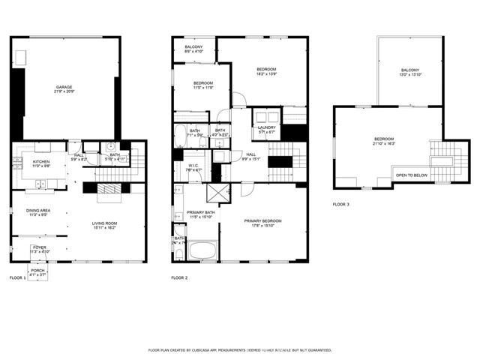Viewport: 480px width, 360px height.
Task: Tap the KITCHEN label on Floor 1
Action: pos(41,163)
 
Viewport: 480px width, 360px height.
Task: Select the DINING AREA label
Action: pos(37,213)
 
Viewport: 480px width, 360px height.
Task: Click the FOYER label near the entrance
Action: pos(39,248)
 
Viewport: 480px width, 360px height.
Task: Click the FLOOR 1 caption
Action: pos(17,277)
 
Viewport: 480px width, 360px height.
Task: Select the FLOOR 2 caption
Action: pos(179,277)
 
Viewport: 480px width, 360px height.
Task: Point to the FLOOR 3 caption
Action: pos(341,204)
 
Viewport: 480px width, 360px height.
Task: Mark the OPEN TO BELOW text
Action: pos(412,175)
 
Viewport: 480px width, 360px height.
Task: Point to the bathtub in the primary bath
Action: pos(202,250)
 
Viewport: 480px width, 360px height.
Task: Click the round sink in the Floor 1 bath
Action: pos(109,145)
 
